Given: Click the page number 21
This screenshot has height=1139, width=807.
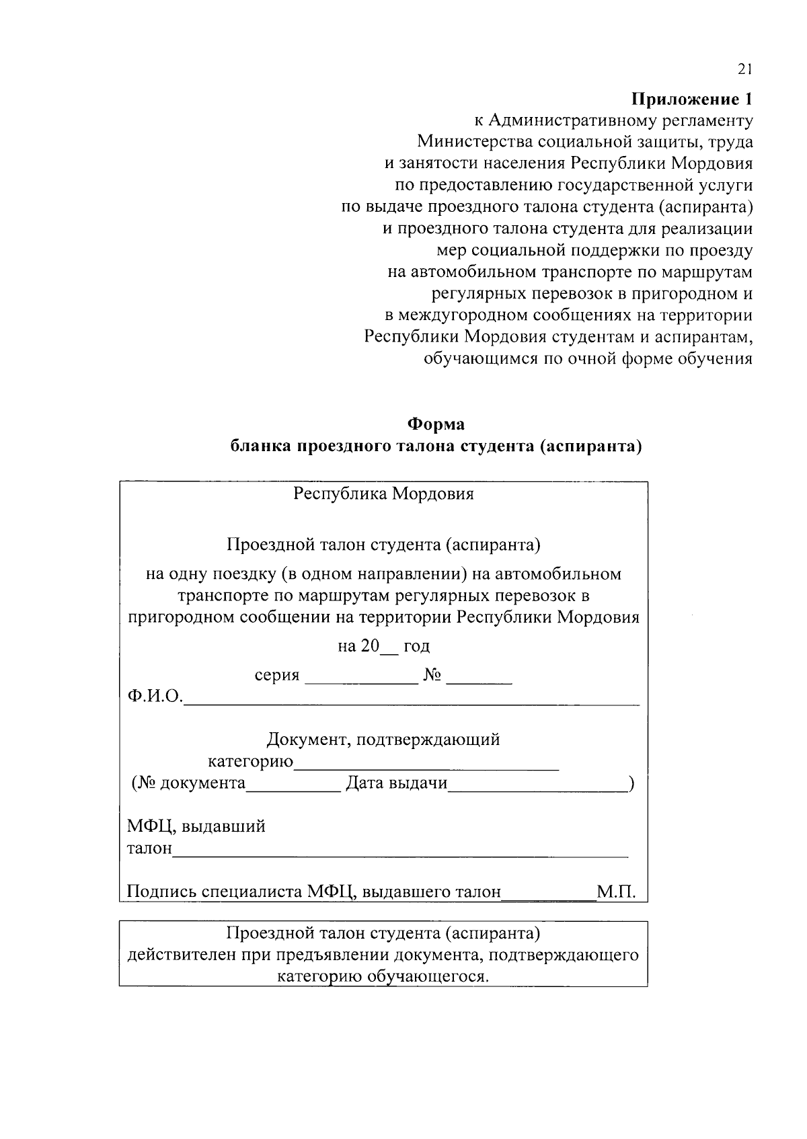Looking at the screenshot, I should click(x=744, y=69).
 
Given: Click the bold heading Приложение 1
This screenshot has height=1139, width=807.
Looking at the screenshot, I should click(x=691, y=100).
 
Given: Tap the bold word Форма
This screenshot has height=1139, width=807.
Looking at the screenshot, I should click(x=436, y=425).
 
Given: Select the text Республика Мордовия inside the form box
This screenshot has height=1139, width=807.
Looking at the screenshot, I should click(x=383, y=494).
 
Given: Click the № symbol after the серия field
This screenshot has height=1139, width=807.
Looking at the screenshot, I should click(x=432, y=676).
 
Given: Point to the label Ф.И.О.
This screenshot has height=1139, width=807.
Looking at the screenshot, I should click(x=155, y=697).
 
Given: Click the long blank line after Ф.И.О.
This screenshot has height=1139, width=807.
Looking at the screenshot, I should click(x=412, y=702).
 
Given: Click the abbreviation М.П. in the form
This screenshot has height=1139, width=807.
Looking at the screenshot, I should click(x=615, y=892).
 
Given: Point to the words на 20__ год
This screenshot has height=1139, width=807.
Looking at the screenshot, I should click(x=383, y=646).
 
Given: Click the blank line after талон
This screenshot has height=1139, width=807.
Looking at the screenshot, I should click(x=400, y=854).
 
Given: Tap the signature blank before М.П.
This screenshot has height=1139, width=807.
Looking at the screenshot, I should click(x=548, y=896).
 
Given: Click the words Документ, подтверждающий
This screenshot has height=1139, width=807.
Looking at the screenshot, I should click(x=383, y=740).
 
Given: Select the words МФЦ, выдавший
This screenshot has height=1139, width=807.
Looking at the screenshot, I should click(x=196, y=826).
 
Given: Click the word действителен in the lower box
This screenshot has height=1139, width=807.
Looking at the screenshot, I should click(x=182, y=955).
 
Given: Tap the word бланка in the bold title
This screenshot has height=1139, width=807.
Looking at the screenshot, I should click(x=261, y=447).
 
